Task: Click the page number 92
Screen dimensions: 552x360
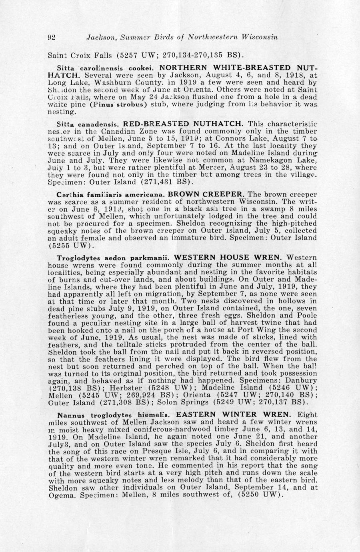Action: (x=52, y=38)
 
